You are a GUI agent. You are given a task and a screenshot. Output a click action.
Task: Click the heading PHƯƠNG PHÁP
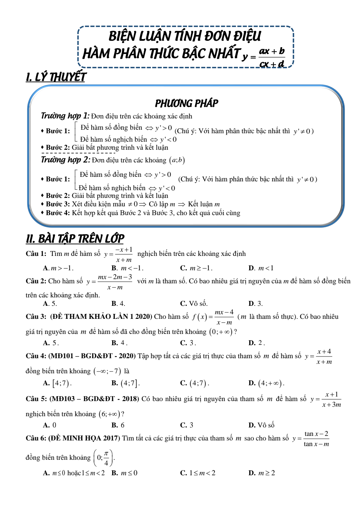[x=186, y=103]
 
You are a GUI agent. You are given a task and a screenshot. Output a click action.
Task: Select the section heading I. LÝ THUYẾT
[x=56, y=77]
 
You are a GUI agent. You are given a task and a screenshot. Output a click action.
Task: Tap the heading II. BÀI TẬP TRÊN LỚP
[x=75, y=239]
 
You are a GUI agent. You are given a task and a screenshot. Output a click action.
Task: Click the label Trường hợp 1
[x=65, y=116]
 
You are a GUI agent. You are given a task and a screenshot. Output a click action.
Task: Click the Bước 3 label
[x=58, y=204]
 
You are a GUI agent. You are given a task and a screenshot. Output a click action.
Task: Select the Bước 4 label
[x=58, y=213]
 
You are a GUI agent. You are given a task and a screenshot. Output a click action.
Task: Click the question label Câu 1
[x=36, y=254]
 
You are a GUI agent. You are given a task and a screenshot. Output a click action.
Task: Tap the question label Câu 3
[x=36, y=317]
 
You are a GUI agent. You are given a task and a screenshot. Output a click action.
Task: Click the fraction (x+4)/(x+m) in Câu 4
[x=324, y=357]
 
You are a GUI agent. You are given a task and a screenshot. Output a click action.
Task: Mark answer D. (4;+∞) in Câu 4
[x=266, y=383]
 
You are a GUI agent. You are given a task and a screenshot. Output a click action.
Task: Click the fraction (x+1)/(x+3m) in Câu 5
[x=331, y=400]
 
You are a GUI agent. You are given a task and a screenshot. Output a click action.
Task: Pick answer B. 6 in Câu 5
[x=118, y=425]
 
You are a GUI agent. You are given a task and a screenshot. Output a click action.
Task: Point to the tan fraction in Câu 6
[x=316, y=439]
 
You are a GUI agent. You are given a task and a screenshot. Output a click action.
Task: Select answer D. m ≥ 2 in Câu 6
[x=262, y=473]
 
